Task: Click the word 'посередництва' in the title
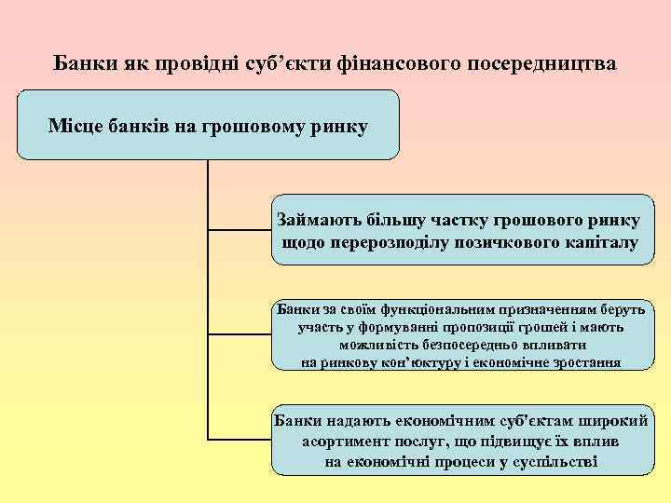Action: click(534, 64)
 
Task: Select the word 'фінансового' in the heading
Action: click(392, 64)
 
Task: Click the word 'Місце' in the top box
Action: click(75, 125)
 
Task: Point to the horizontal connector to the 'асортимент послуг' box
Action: click(238, 438)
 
